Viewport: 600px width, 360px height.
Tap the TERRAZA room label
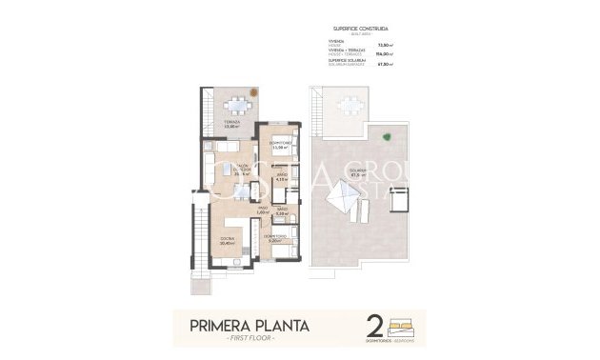point(230,122)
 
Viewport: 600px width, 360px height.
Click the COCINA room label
point(228,238)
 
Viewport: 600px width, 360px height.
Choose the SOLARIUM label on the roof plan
point(359,172)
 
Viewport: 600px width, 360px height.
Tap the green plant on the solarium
point(387,137)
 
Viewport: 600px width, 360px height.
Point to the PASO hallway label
point(262,210)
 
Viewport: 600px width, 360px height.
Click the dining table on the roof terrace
point(350,106)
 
